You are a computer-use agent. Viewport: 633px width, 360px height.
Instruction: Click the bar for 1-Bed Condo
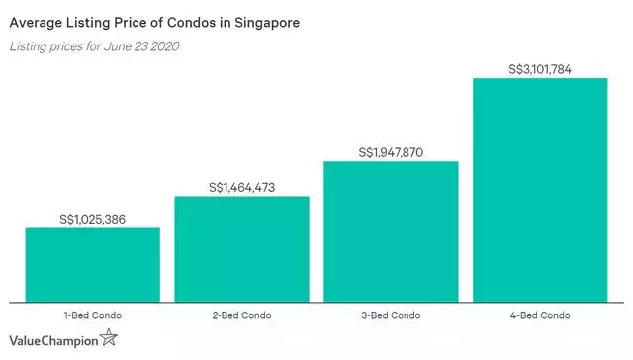tap(92, 264)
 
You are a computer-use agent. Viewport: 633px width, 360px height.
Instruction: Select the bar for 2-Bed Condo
tap(241, 248)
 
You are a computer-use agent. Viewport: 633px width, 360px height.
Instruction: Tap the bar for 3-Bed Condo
tap(391, 230)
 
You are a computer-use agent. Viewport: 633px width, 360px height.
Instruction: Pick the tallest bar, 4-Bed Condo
tap(540, 189)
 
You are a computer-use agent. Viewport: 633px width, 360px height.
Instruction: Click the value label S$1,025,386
tap(92, 219)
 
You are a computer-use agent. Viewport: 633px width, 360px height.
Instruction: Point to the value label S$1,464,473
tap(241, 187)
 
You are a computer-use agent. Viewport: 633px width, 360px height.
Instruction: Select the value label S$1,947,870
tap(391, 152)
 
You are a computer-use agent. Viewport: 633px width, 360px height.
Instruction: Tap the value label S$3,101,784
tap(540, 69)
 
